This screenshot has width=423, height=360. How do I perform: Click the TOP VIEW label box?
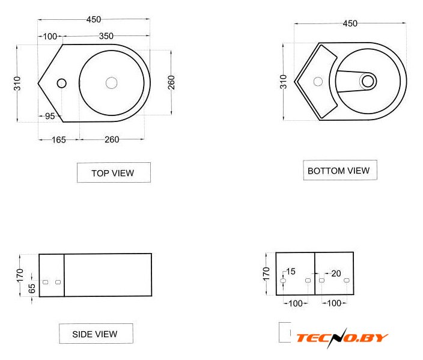[x=114, y=172]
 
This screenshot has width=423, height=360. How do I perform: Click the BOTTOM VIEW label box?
[x=340, y=170]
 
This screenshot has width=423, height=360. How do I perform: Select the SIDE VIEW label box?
[x=96, y=334]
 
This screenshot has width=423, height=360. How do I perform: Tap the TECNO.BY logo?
[x=342, y=338]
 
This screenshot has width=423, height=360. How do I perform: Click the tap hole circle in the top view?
[x=62, y=84]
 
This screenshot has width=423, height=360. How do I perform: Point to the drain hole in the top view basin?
[x=111, y=83]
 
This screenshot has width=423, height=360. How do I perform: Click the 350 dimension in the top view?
[x=106, y=36]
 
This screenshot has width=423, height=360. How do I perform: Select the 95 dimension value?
[x=50, y=116]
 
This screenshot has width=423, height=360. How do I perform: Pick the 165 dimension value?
[x=59, y=140]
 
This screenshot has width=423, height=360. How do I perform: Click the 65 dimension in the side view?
[x=32, y=288]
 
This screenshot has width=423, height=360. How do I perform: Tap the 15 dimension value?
[x=291, y=272]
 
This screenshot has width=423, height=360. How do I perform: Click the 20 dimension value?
[x=336, y=273]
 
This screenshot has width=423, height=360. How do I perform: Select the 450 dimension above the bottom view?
[x=350, y=24]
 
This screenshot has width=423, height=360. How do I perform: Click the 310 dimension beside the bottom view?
[x=283, y=82]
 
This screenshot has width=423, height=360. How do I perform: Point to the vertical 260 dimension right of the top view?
[x=171, y=82]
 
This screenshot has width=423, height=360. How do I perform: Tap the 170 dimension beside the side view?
[x=20, y=275]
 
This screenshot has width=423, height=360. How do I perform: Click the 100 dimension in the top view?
[x=50, y=37]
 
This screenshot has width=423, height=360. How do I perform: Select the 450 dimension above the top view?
[x=94, y=20]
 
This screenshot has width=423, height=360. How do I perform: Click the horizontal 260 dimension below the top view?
[x=112, y=139]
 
